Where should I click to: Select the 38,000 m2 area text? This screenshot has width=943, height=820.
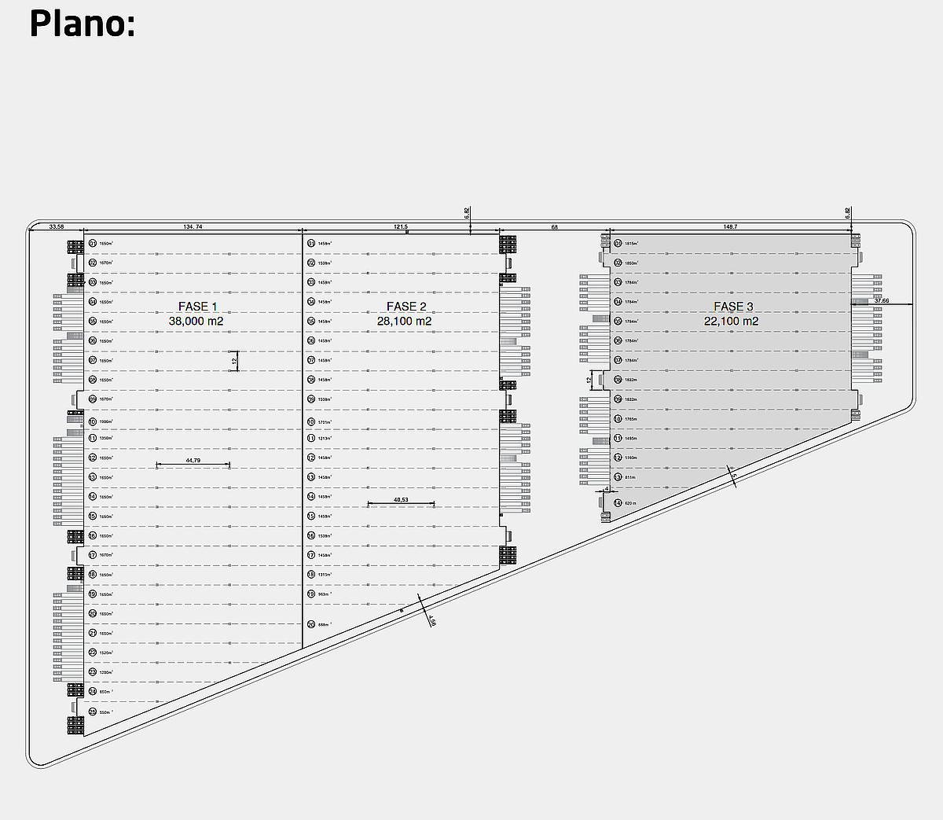[x=196, y=321]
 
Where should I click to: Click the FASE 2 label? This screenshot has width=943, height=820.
[x=406, y=307]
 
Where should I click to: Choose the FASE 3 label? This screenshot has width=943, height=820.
[x=733, y=307]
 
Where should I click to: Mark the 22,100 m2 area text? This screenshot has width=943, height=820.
[x=731, y=321]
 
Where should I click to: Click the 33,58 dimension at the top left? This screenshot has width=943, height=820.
[x=57, y=226]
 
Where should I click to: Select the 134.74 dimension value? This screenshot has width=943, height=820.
[x=193, y=226]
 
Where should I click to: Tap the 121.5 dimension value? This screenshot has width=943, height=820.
[x=400, y=226]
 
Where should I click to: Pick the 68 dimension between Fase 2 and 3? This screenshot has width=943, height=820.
[x=555, y=226]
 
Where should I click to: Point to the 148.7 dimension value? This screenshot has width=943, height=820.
[x=730, y=226]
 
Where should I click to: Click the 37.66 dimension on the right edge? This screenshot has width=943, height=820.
[x=882, y=300]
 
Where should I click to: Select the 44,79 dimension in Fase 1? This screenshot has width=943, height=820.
[x=193, y=460]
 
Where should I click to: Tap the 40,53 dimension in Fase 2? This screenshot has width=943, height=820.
[x=401, y=499]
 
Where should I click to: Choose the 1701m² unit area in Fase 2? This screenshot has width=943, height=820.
[x=325, y=422]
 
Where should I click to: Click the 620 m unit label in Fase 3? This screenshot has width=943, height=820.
[x=630, y=503]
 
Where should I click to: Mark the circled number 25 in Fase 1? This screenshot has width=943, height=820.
[x=92, y=712]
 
